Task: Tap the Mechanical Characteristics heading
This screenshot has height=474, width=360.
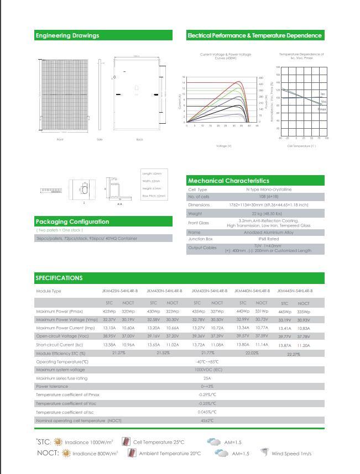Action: (x=228, y=181)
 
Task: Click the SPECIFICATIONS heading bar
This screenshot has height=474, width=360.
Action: (x=59, y=278)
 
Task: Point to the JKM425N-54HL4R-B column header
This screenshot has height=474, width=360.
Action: (x=120, y=291)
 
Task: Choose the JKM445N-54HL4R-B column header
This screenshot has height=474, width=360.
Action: (x=295, y=291)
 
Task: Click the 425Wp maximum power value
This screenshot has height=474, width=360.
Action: (x=109, y=312)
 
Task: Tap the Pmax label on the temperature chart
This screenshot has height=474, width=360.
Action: (x=321, y=109)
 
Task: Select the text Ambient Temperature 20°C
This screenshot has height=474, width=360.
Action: (x=170, y=454)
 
